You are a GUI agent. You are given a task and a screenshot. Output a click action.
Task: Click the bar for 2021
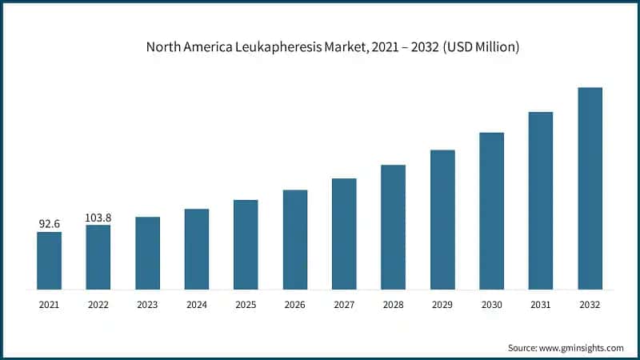pyautogui.click(x=49, y=260)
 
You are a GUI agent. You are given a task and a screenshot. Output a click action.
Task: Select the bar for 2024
pyautogui.click(x=197, y=249)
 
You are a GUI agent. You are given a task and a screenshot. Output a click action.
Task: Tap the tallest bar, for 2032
pyautogui.click(x=590, y=188)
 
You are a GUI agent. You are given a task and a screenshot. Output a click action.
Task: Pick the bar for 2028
pyautogui.click(x=393, y=226)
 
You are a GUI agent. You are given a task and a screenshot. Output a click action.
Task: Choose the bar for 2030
pyautogui.click(x=491, y=210)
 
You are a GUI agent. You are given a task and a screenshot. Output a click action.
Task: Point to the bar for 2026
pyautogui.click(x=295, y=239)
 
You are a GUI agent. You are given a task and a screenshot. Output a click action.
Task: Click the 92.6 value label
pyautogui.click(x=49, y=225)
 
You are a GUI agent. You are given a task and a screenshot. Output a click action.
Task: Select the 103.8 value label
pyautogui.click(x=98, y=218)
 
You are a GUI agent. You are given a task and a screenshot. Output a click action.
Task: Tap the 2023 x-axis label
pyautogui.click(x=147, y=304)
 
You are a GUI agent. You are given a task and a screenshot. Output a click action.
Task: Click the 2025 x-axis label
pyautogui.click(x=246, y=304)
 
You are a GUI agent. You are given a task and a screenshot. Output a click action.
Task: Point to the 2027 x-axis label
pyautogui.click(x=344, y=304)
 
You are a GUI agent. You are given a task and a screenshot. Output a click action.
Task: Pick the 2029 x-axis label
pyautogui.click(x=442, y=304)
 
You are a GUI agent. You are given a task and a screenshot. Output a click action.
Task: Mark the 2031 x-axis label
pyautogui.click(x=541, y=304)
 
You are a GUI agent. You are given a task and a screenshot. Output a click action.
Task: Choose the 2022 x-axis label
pyautogui.click(x=98, y=304)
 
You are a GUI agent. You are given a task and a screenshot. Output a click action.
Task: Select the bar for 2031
pyautogui.click(x=541, y=200)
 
